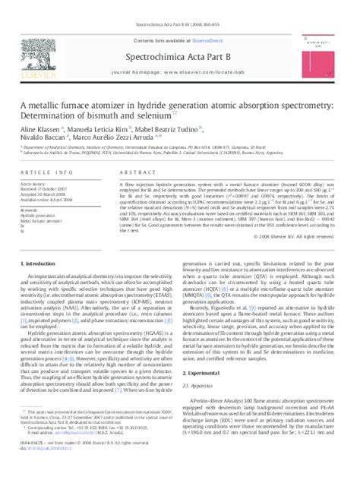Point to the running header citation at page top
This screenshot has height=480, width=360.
[x=180, y=6]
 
